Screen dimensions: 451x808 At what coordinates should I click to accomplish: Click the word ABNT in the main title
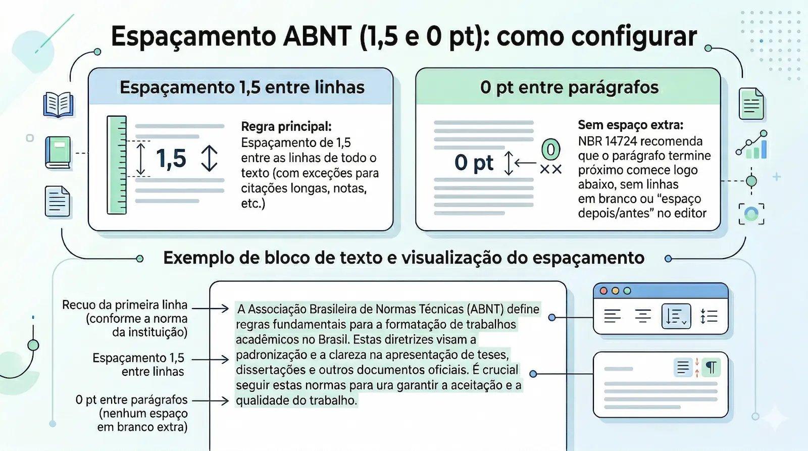[318, 36]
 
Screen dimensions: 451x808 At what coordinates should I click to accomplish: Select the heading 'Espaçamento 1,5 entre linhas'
[242, 87]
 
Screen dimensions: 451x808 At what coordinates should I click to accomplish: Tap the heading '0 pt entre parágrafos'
[569, 87]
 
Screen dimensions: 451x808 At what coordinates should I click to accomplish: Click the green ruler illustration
[117, 165]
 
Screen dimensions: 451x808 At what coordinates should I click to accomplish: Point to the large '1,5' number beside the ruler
[171, 159]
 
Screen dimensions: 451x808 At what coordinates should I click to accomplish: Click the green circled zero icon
[550, 149]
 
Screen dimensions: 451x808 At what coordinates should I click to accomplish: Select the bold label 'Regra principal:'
[286, 126]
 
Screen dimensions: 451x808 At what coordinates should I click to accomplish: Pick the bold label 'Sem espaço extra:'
[630, 125]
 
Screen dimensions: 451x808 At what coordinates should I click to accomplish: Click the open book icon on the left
[59, 105]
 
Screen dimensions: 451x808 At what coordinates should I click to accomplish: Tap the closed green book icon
[58, 153]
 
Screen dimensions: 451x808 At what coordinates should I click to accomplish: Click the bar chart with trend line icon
[752, 145]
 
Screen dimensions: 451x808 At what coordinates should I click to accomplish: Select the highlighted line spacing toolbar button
[676, 317]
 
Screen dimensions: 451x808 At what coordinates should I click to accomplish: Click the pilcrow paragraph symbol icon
[711, 367]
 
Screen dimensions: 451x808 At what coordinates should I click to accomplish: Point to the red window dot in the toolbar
[603, 291]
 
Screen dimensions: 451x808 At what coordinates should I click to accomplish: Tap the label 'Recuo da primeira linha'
[125, 305]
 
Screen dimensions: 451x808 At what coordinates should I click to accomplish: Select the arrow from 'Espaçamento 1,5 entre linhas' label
[210, 360]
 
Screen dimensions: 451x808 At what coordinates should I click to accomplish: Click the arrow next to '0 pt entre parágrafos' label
[210, 401]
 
